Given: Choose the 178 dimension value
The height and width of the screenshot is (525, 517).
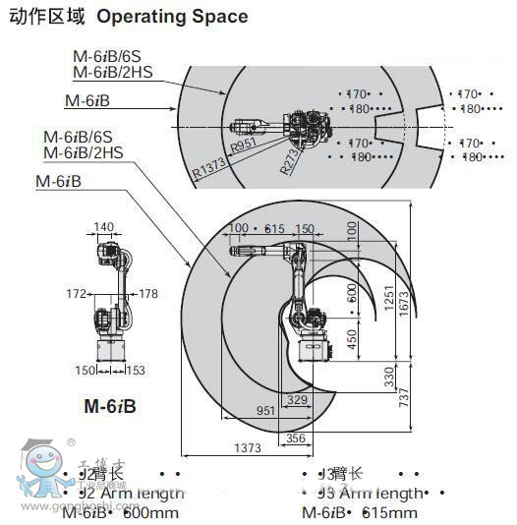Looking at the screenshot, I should click(148, 293).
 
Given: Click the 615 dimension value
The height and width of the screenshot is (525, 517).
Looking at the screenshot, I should click(274, 229).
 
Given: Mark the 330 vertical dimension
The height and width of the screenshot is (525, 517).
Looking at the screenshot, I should click(388, 377).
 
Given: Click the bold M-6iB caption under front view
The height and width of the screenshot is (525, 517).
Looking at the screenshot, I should click(109, 405).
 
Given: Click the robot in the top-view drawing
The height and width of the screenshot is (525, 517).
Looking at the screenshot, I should click(285, 126).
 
